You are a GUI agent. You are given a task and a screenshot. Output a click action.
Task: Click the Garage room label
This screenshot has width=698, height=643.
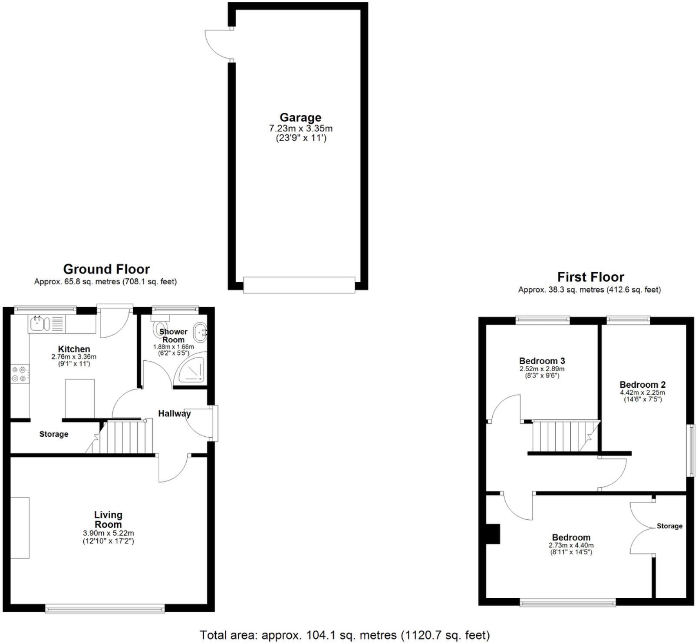(x=300, y=118)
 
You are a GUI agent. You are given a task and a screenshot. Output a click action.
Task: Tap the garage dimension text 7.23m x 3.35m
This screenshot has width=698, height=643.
(x=301, y=129)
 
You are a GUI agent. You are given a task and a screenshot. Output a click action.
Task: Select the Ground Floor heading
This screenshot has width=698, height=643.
(x=106, y=269)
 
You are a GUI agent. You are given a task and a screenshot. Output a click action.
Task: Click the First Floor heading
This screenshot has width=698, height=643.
(x=590, y=277)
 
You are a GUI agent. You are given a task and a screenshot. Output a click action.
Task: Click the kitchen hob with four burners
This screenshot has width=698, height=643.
(x=20, y=374)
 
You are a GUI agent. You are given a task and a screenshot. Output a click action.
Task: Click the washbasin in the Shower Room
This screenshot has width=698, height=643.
(x=201, y=333)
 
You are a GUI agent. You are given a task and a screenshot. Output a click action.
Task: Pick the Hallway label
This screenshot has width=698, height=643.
(x=174, y=414)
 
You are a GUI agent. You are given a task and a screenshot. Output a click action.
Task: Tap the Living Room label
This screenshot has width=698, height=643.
(x=108, y=520)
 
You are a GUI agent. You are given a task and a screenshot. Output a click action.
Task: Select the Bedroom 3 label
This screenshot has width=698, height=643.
(x=542, y=361)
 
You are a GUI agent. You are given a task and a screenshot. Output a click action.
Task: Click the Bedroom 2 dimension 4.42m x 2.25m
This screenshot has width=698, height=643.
(x=642, y=392)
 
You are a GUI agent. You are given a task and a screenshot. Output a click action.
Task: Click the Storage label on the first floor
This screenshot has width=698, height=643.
(x=669, y=526)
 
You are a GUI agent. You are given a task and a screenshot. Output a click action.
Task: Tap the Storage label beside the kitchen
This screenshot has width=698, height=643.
(x=54, y=434)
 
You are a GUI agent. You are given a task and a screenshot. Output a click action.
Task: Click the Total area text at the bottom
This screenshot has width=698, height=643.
(x=345, y=635)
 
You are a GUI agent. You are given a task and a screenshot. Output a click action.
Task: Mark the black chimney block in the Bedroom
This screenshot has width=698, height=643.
(x=493, y=534)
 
